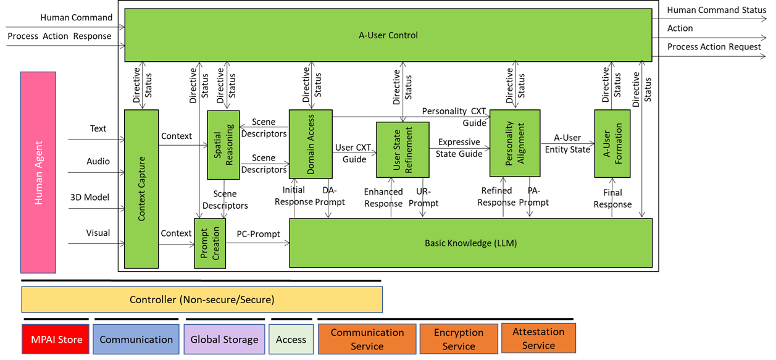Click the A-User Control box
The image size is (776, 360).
tap(388, 35)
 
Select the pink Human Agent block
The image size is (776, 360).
tap(38, 172)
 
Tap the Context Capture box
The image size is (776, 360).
tap(141, 189)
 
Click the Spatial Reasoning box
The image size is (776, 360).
tap(223, 145)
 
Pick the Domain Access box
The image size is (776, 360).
tap(311, 145)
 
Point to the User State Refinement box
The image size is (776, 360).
tap(403, 150)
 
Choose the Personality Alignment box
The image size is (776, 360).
tap(515, 143)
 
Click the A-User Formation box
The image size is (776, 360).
tap(612, 143)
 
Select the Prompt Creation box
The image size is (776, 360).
tap(210, 243)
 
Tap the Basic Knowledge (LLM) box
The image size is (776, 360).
tap(470, 243)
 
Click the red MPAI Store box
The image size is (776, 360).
tap(56, 340)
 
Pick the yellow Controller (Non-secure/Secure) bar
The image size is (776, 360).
tap(202, 300)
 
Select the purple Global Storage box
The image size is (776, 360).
tap(224, 340)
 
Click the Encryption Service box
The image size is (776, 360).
tap(459, 339)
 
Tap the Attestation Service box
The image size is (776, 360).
tap(538, 338)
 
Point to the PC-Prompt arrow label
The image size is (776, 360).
tap(258, 234)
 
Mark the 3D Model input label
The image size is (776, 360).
tap(90, 198)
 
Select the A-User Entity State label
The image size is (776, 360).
tap(567, 143)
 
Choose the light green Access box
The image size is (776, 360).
tap(291, 340)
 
